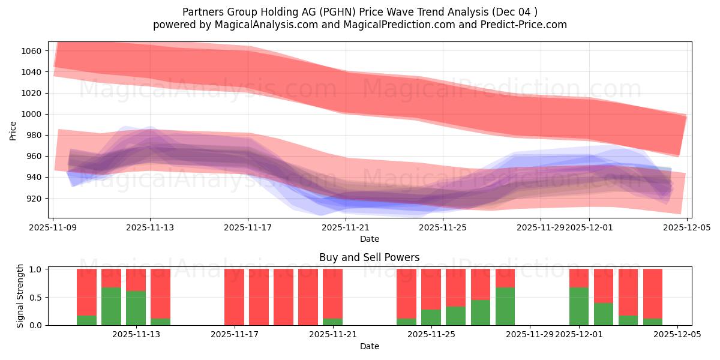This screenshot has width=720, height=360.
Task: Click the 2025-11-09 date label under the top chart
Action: click(x=53, y=227)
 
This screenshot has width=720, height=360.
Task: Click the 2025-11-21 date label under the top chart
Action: click(x=346, y=227)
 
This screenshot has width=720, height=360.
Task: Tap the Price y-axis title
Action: click(x=13, y=130)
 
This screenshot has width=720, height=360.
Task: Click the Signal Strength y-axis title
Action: click(x=20, y=296)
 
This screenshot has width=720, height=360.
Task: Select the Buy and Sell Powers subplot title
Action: click(x=369, y=257)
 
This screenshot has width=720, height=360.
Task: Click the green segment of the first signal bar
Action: click(x=86, y=320)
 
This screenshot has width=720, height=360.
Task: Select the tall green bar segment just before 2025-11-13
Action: click(x=111, y=306)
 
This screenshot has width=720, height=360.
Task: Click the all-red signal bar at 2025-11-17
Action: click(x=234, y=297)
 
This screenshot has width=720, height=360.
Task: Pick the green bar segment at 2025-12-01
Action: click(x=579, y=306)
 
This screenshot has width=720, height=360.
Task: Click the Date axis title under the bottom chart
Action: click(x=369, y=346)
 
